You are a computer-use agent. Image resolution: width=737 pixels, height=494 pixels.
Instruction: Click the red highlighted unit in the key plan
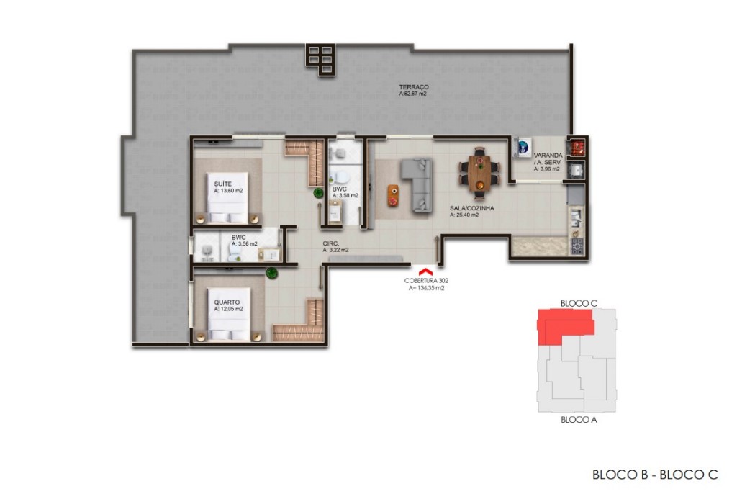click(564, 323)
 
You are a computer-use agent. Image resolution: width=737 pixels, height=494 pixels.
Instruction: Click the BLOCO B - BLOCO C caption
click(654, 474)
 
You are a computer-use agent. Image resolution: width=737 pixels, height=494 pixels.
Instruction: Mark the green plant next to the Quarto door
click(271, 272)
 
